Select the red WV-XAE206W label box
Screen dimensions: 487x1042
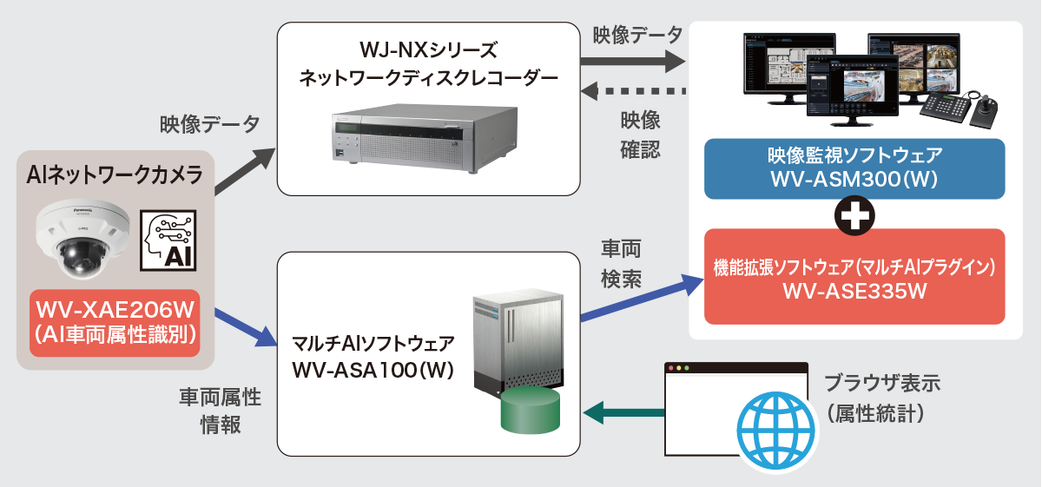[x=115, y=323]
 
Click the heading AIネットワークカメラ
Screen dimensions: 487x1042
[x=115, y=176]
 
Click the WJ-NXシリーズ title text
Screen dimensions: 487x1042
[x=428, y=49]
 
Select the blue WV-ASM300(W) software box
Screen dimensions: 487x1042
[x=854, y=168]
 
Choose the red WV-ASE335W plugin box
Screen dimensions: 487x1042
[x=854, y=277]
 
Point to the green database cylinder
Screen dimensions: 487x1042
[x=530, y=411]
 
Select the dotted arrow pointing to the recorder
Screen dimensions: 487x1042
[x=633, y=90]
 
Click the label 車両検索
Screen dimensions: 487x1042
[x=621, y=264]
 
